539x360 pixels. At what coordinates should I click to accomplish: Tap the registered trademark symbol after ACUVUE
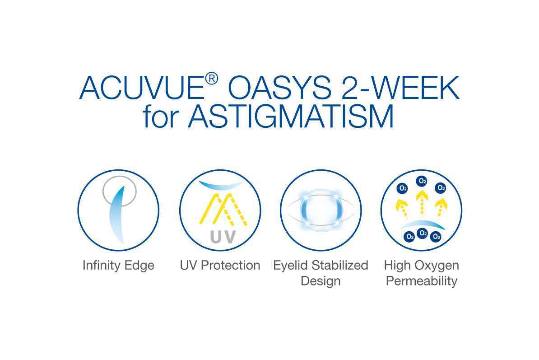(211, 79)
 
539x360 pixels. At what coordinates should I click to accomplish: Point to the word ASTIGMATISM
(290, 116)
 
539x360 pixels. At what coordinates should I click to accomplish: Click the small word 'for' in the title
(161, 116)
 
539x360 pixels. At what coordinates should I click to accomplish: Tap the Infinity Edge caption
(118, 266)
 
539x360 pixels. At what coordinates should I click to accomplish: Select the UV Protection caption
(220, 265)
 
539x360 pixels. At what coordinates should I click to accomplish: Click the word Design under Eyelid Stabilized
(321, 281)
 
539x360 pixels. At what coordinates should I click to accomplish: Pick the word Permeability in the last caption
(422, 281)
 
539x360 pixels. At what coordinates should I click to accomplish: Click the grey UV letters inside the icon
(223, 237)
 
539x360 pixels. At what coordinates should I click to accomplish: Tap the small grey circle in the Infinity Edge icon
(120, 191)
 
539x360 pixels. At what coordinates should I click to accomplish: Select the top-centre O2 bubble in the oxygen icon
(422, 181)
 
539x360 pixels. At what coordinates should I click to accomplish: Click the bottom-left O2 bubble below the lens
(409, 237)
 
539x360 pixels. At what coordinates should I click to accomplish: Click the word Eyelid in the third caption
(290, 266)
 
